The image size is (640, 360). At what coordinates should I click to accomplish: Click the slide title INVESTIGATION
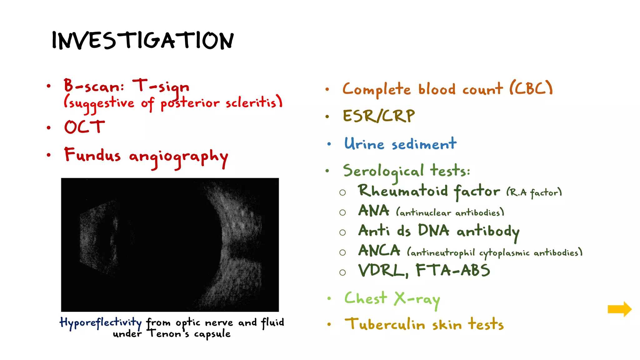142,41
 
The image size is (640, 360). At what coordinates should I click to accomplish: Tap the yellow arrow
619,309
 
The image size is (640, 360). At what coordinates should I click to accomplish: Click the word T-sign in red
161,87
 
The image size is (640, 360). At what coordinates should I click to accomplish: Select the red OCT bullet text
84,127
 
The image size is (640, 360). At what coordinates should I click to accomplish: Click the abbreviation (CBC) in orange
531,88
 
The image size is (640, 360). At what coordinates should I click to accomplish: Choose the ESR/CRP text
379,116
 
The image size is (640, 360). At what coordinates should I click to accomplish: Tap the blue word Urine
364,144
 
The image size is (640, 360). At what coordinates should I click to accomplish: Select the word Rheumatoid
403,191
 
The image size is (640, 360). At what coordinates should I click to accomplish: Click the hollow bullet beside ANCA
342,252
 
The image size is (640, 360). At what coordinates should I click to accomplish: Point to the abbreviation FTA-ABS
452,270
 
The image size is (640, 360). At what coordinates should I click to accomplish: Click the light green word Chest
366,298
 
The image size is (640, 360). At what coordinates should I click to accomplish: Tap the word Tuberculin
385,324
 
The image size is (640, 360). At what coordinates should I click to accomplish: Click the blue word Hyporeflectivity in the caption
101,322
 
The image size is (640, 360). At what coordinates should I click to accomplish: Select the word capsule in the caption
212,334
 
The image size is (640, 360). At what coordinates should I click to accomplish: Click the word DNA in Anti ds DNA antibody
433,231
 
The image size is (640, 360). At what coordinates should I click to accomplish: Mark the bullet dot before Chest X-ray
329,298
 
